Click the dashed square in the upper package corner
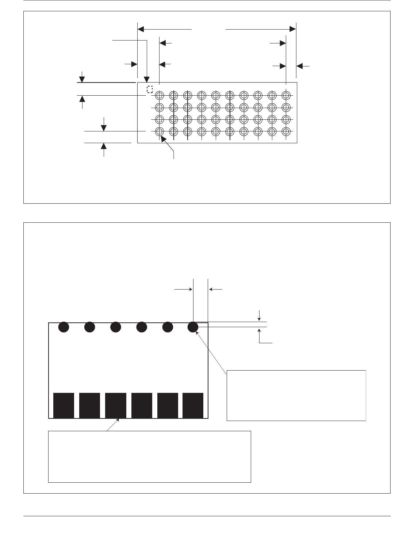[x=149, y=89]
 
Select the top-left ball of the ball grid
[x=159, y=96]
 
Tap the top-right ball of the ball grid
[x=286, y=96]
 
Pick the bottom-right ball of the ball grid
[x=286, y=131]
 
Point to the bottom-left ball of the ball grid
[x=159, y=131]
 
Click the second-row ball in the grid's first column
[x=159, y=108]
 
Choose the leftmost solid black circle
[x=64, y=327]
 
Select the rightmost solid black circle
[x=193, y=327]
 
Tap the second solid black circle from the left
[x=89, y=327]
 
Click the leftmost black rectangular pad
[x=64, y=405]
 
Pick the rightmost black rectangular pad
[x=193, y=405]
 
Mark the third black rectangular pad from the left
[x=116, y=405]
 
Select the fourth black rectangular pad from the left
[x=142, y=405]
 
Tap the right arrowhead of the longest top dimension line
[x=293, y=28]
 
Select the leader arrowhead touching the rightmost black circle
[x=197, y=332]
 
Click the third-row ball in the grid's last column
[x=286, y=120]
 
